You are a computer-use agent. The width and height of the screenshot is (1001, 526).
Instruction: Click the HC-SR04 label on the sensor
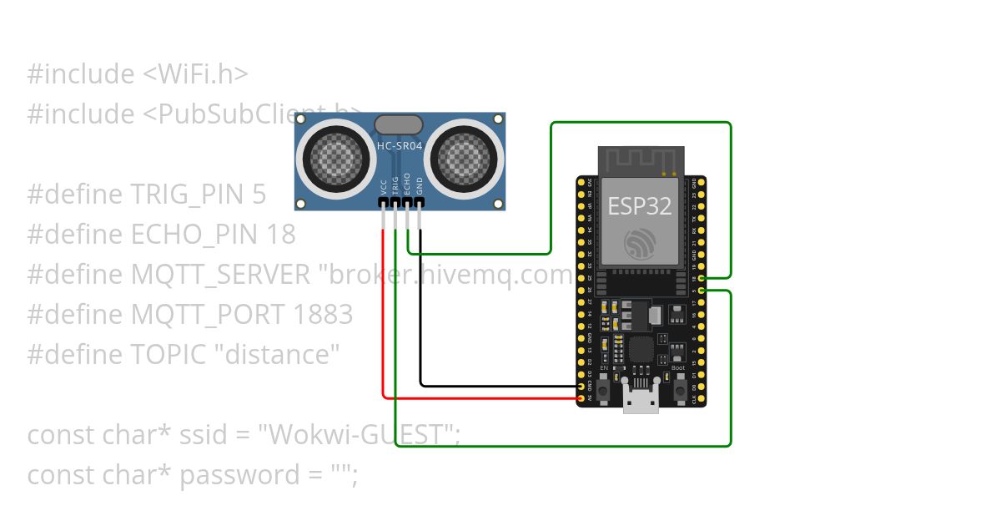(400, 146)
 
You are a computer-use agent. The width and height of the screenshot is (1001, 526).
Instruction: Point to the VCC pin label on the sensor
(384, 186)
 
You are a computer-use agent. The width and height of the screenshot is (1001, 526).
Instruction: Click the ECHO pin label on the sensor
(407, 184)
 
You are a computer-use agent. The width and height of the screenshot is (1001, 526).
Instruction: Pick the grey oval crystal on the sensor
(399, 125)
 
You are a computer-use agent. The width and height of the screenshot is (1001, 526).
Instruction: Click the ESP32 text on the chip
(640, 205)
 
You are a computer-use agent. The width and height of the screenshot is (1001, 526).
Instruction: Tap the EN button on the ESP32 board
(604, 388)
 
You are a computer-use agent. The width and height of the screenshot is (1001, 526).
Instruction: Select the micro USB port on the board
(641, 399)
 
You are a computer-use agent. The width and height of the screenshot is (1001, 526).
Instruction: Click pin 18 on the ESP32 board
(702, 278)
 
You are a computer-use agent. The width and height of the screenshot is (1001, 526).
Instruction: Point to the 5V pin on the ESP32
(581, 399)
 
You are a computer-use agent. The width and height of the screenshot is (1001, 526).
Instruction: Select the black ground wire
(420, 317)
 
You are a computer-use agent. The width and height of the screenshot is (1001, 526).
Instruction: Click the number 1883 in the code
(323, 315)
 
